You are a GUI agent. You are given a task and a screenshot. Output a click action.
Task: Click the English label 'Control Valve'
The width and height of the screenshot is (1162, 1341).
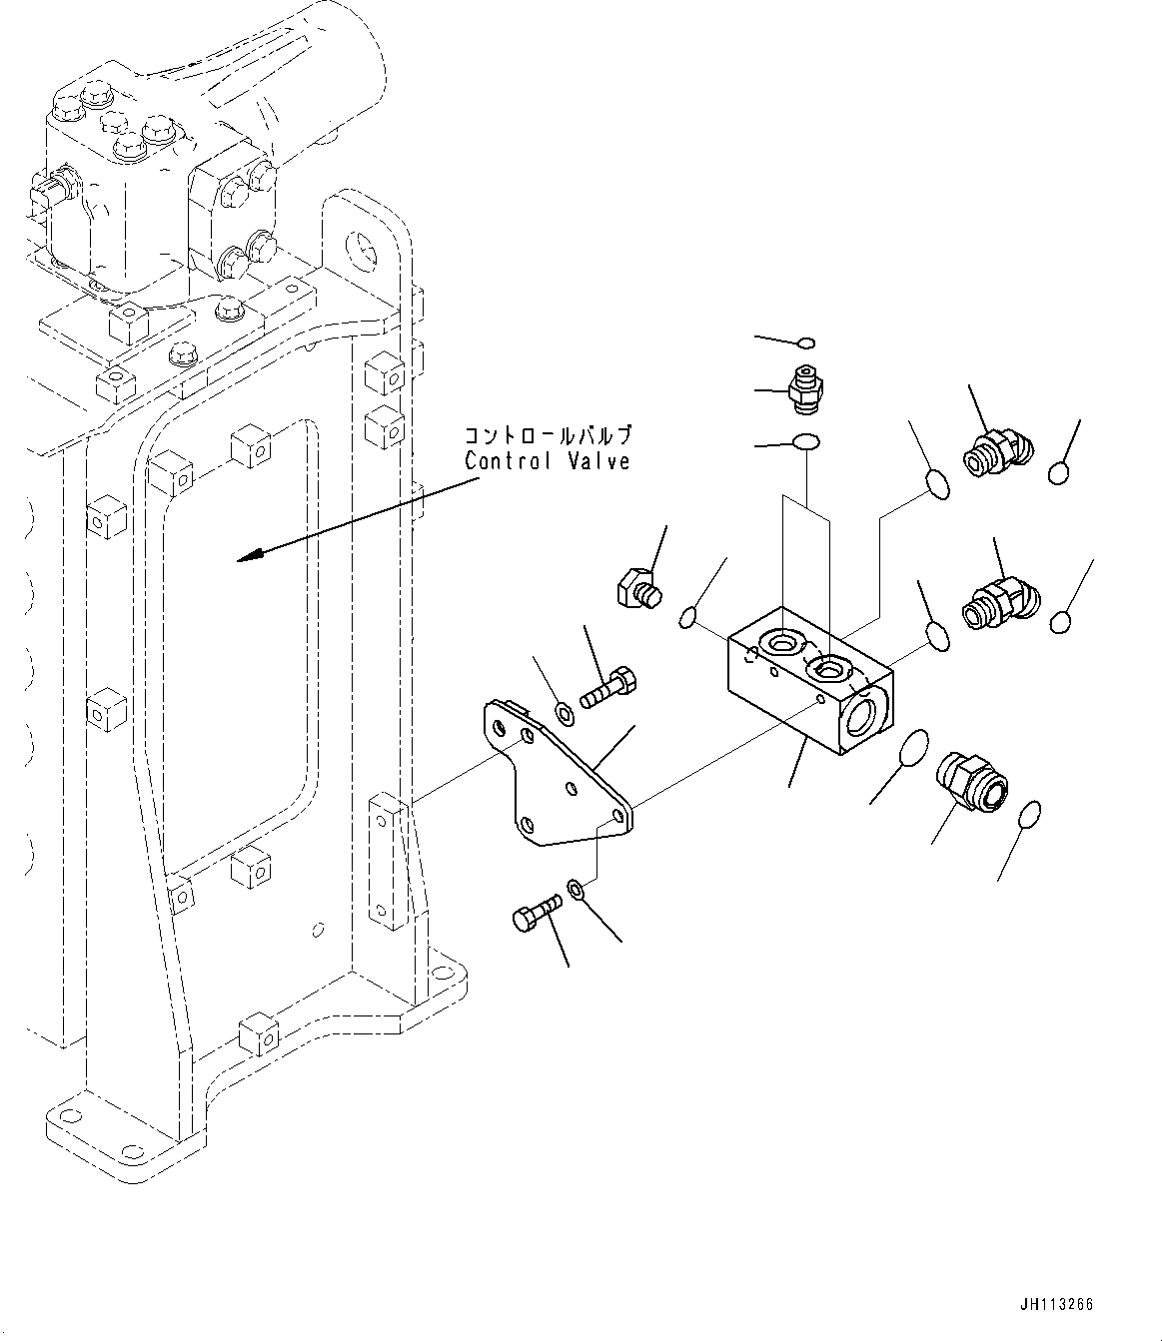tap(547, 461)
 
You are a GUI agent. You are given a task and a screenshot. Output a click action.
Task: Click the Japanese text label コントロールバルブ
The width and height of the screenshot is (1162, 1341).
tap(547, 436)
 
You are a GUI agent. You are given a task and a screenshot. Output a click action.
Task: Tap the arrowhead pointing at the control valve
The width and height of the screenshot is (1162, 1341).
tap(246, 556)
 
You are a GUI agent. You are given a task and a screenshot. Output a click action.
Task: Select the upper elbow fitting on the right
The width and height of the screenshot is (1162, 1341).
tap(994, 451)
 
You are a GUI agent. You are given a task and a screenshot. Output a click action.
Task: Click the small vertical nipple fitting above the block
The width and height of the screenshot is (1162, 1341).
tap(803, 388)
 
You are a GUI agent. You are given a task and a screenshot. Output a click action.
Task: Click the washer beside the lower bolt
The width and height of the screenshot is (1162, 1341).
tap(577, 887)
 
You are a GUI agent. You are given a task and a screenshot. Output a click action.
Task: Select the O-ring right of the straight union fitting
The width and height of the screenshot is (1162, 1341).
tap(1032, 814)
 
